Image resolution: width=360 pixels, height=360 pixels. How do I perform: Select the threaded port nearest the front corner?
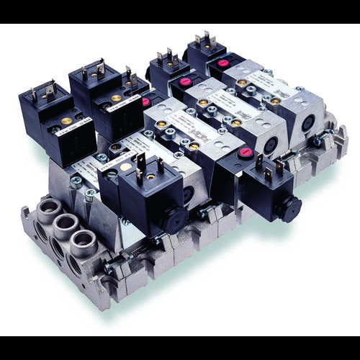[x=84, y=242]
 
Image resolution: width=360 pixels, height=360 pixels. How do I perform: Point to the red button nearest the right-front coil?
[x=246, y=152]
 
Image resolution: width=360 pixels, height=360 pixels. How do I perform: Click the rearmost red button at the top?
[x=224, y=63]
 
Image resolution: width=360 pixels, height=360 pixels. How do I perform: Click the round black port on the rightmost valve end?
[x=307, y=123]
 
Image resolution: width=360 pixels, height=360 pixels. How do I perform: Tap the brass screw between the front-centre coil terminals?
[x=149, y=175]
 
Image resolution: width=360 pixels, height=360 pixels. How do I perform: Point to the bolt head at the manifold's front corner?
[x=107, y=269]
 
